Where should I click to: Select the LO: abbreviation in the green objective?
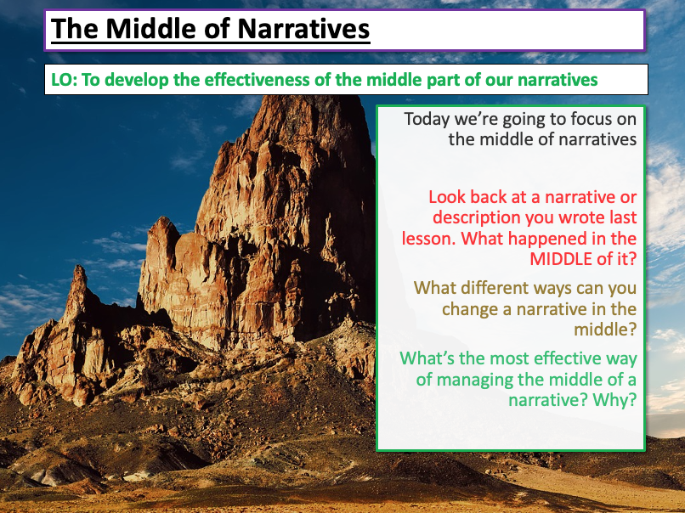[65, 80]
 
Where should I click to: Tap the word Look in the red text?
[448, 196]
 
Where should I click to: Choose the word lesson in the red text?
[431, 239]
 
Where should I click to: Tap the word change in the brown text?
[470, 308]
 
